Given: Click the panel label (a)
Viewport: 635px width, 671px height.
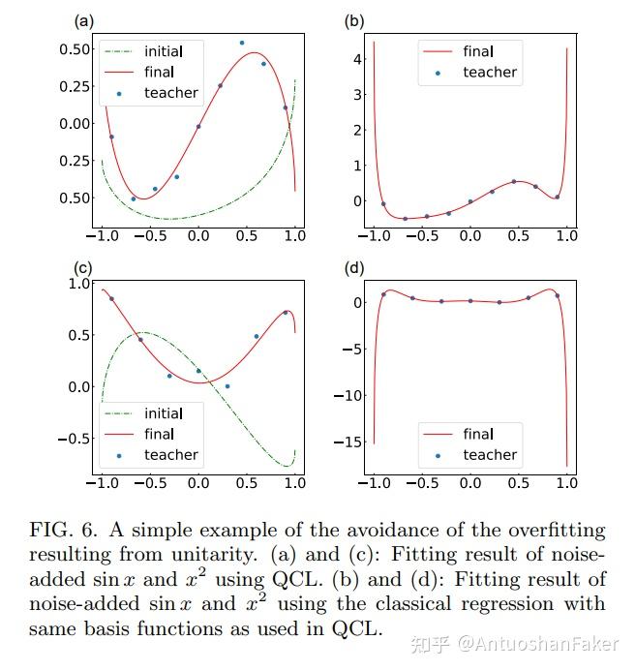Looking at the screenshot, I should pyautogui.click(x=84, y=20).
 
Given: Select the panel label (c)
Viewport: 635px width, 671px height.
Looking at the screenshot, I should pyautogui.click(x=84, y=268).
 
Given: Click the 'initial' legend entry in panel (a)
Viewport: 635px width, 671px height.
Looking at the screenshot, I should pyautogui.click(x=162, y=50).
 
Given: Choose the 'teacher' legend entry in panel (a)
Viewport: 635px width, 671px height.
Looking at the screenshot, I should pyautogui.click(x=170, y=93).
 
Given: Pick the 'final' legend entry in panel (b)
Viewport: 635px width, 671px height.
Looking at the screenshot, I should pyautogui.click(x=478, y=50).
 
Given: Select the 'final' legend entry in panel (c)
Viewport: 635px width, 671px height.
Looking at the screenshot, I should pyautogui.click(x=159, y=434).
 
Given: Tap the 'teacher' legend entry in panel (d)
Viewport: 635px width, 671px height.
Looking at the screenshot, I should pyautogui.click(x=489, y=454).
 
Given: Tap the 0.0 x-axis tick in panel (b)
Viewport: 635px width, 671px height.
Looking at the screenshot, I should pyautogui.click(x=469, y=236).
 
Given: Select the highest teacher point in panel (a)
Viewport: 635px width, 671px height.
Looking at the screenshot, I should pyautogui.click(x=242, y=43).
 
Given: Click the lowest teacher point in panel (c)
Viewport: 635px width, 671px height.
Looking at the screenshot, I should pyautogui.click(x=227, y=385).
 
